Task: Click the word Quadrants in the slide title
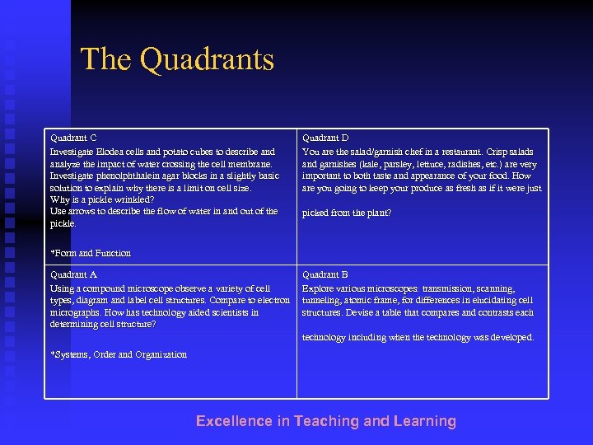[207, 60]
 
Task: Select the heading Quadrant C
[73, 138]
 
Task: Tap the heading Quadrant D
[325, 138]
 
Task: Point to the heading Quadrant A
[73, 275]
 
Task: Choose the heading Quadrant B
[325, 275]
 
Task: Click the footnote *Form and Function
[91, 253]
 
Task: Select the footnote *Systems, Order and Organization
[119, 355]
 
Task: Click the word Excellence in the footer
[234, 421]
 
